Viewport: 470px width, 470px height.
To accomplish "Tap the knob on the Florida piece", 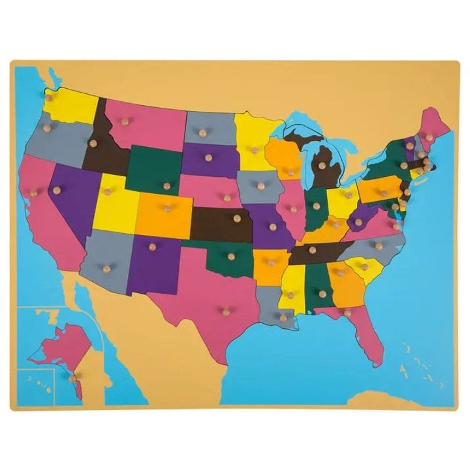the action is (347, 313).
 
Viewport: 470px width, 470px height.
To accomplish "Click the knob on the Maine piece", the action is (430, 136).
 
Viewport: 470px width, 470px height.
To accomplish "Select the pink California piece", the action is (42, 202).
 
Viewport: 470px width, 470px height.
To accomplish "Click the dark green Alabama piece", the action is (320, 287).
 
